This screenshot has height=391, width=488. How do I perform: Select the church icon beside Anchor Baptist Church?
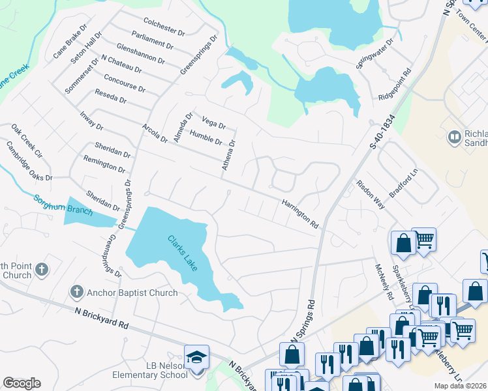(76, 293)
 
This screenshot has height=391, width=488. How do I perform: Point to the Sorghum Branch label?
(64, 205)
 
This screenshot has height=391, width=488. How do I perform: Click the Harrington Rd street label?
(300, 214)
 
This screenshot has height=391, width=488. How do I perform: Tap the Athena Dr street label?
(228, 156)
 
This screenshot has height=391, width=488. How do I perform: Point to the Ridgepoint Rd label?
(395, 85)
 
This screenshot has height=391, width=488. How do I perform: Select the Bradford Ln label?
(403, 185)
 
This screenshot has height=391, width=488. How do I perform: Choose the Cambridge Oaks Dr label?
(29, 162)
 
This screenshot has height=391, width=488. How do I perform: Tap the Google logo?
(22, 383)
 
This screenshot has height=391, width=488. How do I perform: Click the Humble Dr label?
(206, 138)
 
